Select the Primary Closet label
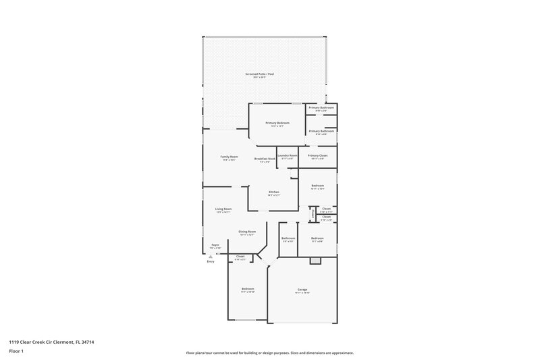click(x=317, y=155)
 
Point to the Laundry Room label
click(x=288, y=155)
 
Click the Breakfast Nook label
click(x=264, y=159)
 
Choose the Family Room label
click(x=229, y=157)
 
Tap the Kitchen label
click(x=274, y=192)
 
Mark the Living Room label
click(x=223, y=209)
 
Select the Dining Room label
click(x=246, y=232)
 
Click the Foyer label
click(x=215, y=245)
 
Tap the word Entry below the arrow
click(x=211, y=261)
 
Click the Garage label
click(x=302, y=289)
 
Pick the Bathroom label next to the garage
click(x=288, y=238)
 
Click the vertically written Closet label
click(x=313, y=214)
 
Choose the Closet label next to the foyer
click(x=240, y=257)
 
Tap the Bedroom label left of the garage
click(x=248, y=289)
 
